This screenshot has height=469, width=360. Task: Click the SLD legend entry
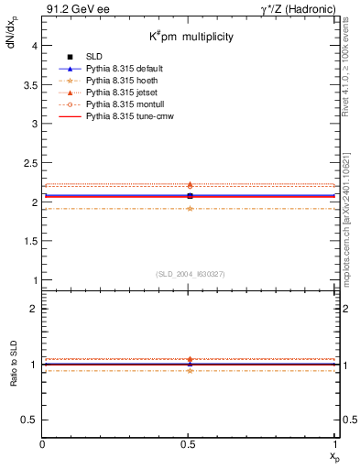pyautogui.click(x=95, y=56)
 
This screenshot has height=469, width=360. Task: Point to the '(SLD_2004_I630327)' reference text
pyautogui.click(x=190, y=274)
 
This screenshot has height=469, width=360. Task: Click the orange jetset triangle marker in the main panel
pyautogui.click(x=190, y=185)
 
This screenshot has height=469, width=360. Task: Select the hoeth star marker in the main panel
pyautogui.click(x=190, y=208)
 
